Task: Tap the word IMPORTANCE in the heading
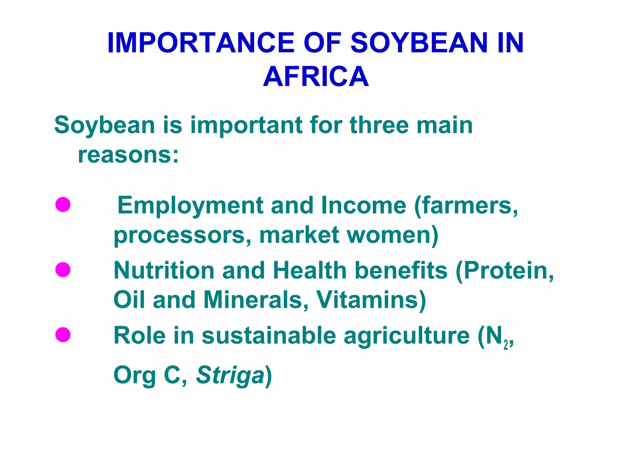(x=201, y=43)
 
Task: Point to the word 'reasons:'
(x=128, y=155)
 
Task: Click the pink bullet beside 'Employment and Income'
(x=63, y=205)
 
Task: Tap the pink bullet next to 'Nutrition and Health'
(x=63, y=270)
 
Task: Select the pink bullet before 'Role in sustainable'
(x=63, y=335)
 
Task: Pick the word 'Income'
(x=364, y=205)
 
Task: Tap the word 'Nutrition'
(x=164, y=270)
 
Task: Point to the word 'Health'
(x=310, y=270)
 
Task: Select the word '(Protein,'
(x=505, y=270)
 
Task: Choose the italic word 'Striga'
(x=230, y=375)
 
